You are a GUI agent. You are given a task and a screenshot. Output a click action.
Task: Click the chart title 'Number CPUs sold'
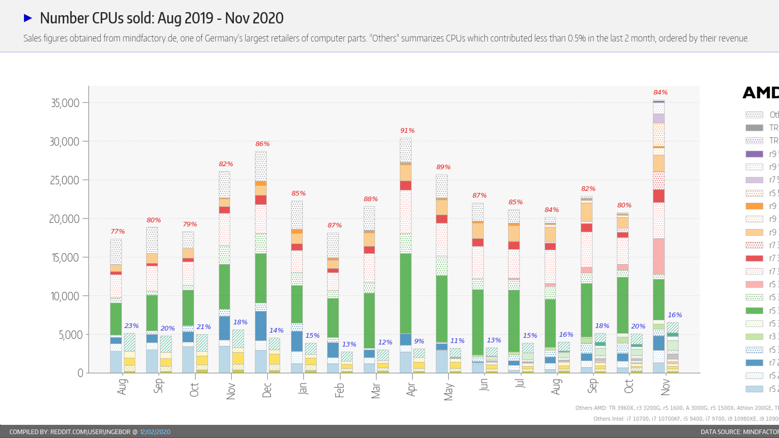click(x=161, y=18)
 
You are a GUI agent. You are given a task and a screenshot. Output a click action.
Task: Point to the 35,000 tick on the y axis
click(x=65, y=103)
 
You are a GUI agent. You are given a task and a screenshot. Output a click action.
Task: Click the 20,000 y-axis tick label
click(x=64, y=219)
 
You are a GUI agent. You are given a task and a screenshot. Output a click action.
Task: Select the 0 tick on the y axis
click(x=80, y=373)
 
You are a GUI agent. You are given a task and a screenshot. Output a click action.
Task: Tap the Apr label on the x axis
click(x=411, y=389)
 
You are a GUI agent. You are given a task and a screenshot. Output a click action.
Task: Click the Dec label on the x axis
click(x=267, y=390)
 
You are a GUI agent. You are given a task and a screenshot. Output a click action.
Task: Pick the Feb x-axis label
click(x=339, y=390)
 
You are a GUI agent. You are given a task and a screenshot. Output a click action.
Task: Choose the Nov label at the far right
click(x=666, y=388)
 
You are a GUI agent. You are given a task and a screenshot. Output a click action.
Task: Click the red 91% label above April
click(x=408, y=130)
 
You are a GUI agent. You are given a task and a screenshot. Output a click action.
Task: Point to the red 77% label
click(x=118, y=231)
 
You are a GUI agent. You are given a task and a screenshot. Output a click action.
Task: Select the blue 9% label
click(x=419, y=341)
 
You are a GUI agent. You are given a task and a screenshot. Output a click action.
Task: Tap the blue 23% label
click(x=131, y=326)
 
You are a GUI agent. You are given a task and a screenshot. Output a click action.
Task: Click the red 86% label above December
click(x=262, y=144)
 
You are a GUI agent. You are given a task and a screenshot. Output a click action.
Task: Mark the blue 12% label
click(x=385, y=342)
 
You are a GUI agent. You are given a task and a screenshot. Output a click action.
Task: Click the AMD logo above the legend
click(x=760, y=92)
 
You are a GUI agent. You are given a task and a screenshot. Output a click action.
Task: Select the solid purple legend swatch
click(x=754, y=154)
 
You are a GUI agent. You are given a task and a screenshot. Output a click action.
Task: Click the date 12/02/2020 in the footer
click(x=155, y=432)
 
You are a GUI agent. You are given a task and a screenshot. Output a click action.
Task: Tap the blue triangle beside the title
click(x=28, y=18)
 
